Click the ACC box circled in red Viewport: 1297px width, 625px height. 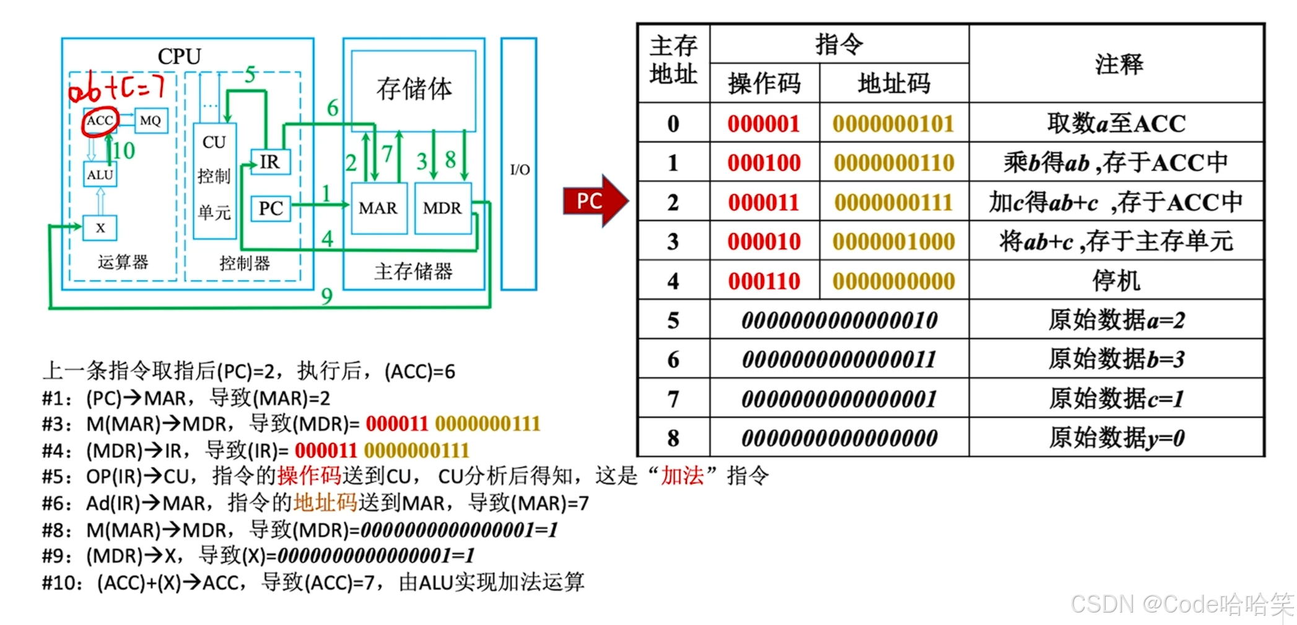point(100,121)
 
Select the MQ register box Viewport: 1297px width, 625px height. point(151,121)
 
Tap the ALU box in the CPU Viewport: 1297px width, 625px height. point(100,175)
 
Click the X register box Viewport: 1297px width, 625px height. point(100,228)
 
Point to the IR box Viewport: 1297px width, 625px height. point(270,162)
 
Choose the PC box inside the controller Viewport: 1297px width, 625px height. point(271,208)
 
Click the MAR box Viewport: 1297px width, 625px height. point(378,208)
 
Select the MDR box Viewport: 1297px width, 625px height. point(442,208)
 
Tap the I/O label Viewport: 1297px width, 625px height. point(520,169)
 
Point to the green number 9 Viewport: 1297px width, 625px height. point(327,296)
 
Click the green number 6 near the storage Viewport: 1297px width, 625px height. point(333,108)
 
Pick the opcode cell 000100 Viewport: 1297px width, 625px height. point(764,163)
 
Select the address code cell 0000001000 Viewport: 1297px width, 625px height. point(894,242)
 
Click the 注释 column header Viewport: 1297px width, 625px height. point(1118,64)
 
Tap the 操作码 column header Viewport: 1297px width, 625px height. point(764,83)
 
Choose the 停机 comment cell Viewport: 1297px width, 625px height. point(1116,281)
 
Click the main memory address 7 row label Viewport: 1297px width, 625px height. point(673,399)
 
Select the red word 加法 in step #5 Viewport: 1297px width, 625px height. point(682,476)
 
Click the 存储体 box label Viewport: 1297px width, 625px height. point(414,89)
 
